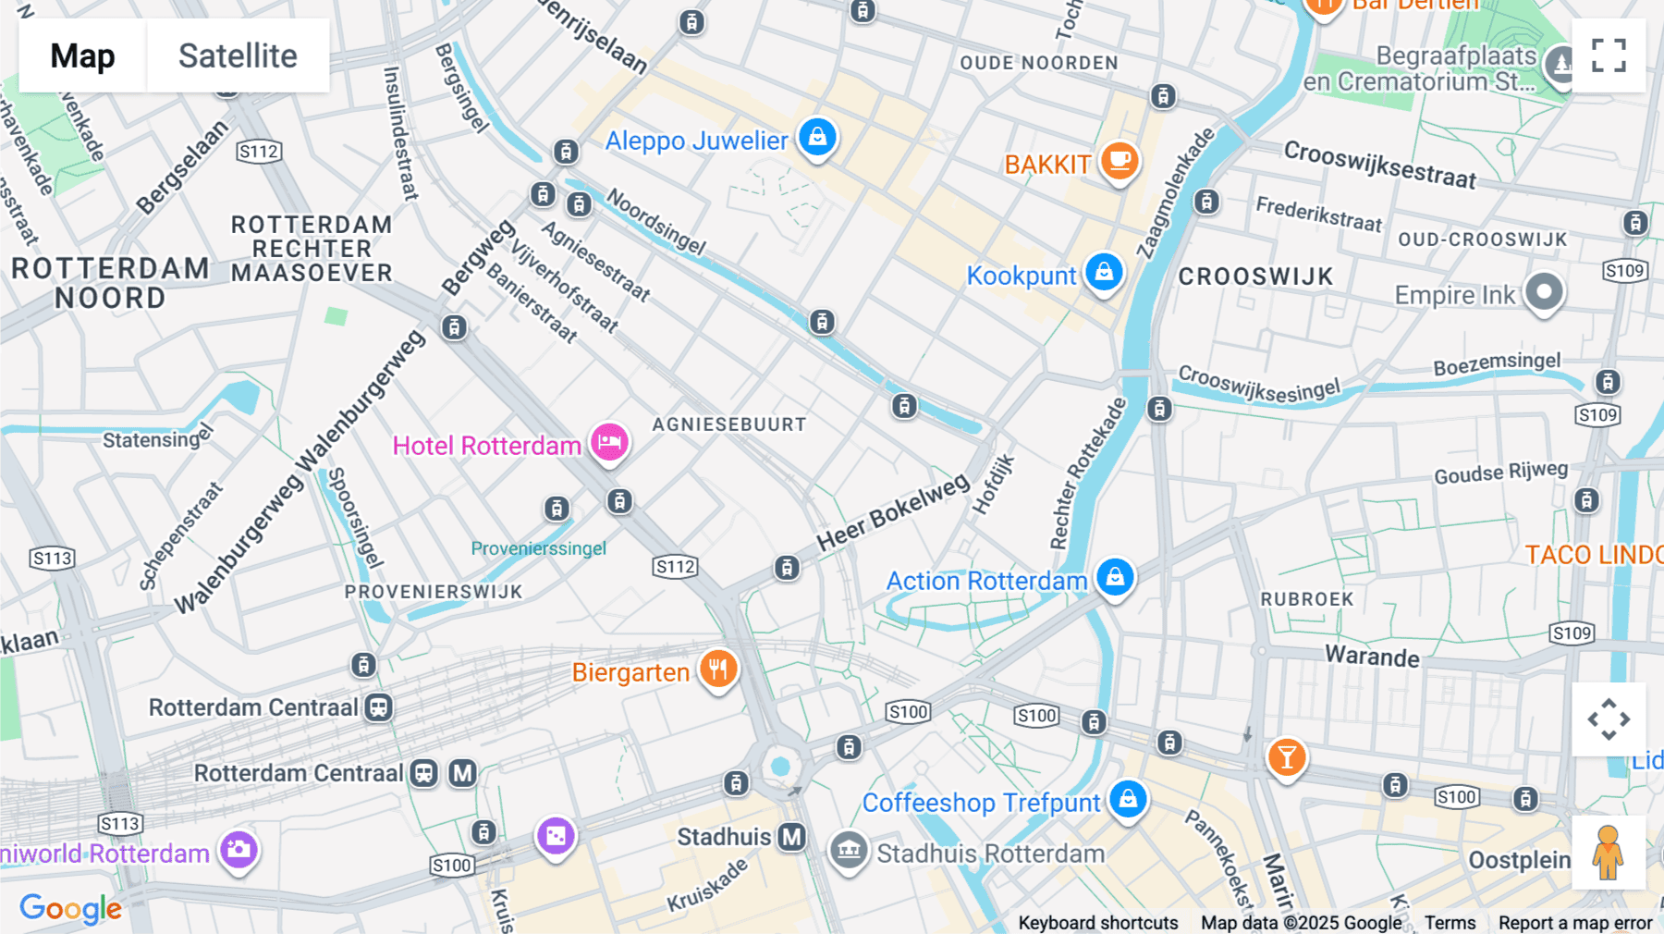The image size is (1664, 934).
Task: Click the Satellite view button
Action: [238, 55]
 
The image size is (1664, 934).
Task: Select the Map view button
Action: [82, 55]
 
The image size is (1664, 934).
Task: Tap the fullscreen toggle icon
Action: [1609, 55]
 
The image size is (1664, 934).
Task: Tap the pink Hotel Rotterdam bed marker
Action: [609, 442]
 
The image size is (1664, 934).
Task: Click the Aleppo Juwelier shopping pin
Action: [817, 138]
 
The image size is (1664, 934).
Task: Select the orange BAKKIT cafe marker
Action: [1120, 161]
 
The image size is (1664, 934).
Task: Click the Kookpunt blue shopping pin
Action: [1104, 272]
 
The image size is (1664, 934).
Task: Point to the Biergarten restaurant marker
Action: [718, 669]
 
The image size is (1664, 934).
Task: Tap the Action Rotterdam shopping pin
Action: [1115, 577]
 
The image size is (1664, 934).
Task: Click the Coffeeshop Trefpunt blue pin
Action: [1128, 799]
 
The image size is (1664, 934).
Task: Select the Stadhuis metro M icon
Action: [791, 837]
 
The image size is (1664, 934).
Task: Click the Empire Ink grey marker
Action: [1544, 292]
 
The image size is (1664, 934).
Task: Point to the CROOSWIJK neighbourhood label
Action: [1255, 277]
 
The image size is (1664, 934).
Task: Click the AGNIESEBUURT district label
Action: [729, 424]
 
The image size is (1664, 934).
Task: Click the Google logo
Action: [70, 908]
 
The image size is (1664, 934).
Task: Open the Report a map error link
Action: [1575, 923]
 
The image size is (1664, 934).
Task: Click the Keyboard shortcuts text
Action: [1097, 923]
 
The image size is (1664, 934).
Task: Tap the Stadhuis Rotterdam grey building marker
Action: [848, 850]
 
